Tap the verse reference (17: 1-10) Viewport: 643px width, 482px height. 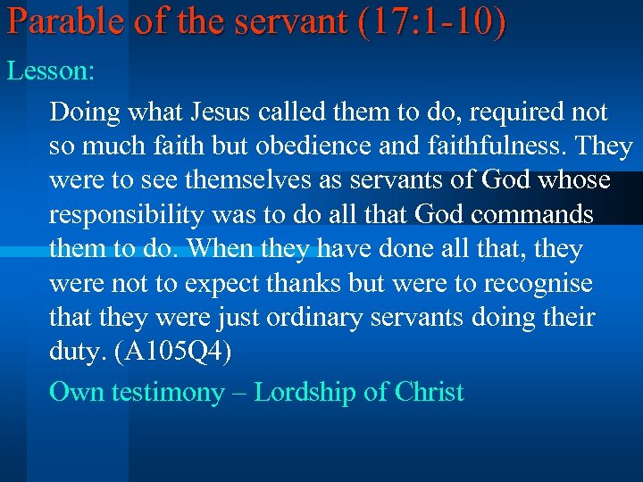click(x=431, y=22)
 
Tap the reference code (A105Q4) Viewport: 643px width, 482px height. click(x=169, y=353)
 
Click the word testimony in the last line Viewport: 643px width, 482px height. click(x=167, y=393)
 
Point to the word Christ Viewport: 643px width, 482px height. click(x=424, y=393)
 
